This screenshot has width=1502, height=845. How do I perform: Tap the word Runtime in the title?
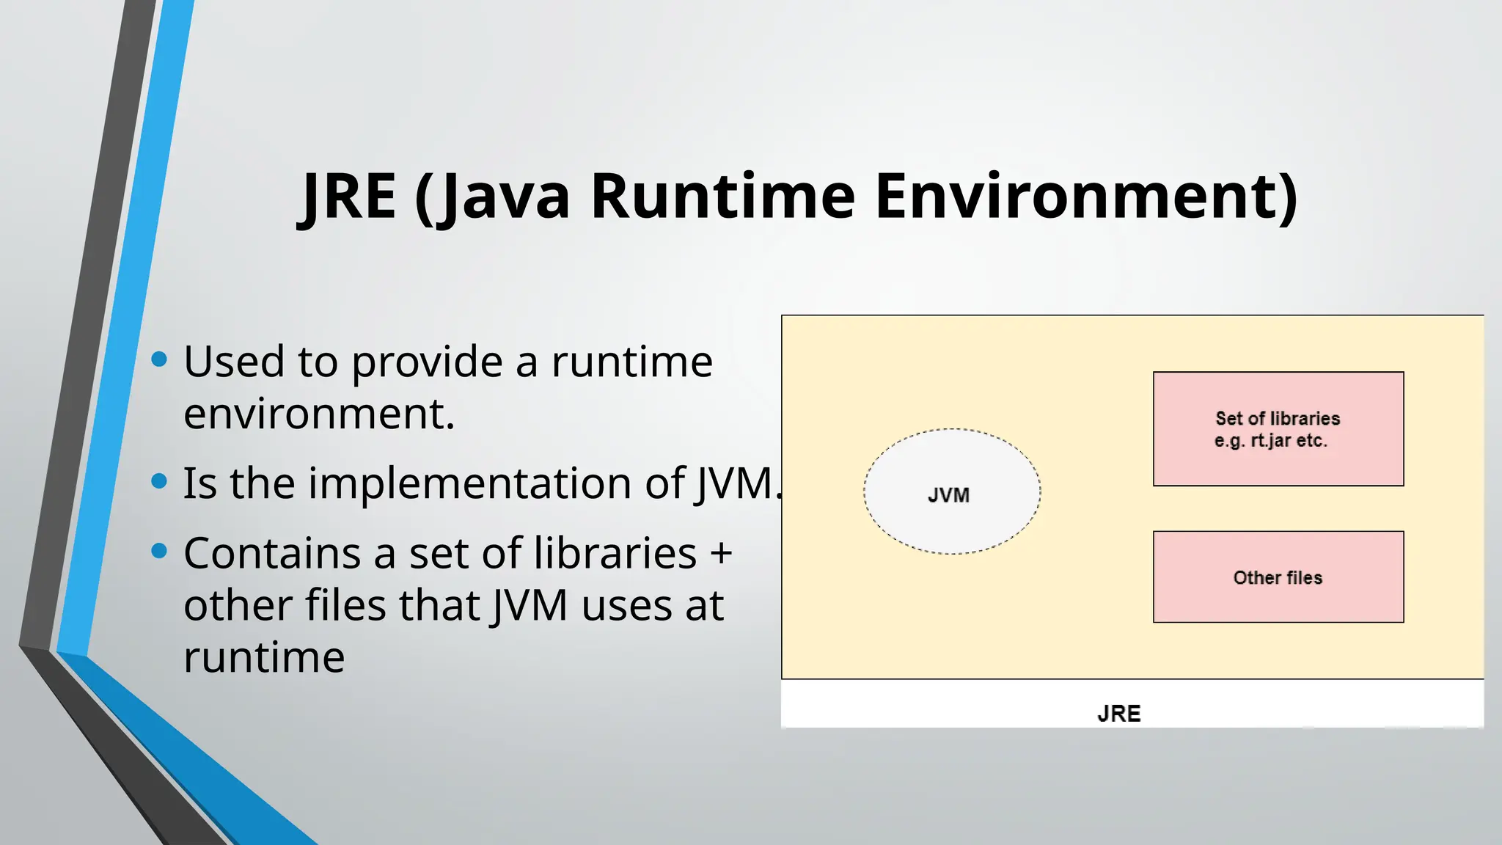[722, 196]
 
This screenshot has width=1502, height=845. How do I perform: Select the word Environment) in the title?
[1086, 196]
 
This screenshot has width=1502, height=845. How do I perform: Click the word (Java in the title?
[492, 196]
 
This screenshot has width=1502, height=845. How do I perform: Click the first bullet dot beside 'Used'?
[159, 359]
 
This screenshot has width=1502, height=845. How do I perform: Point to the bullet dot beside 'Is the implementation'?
[159, 481]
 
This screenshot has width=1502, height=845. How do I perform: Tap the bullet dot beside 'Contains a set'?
[159, 551]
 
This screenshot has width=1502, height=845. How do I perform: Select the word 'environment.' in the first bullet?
[319, 414]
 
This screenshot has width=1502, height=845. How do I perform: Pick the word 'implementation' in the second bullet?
[469, 483]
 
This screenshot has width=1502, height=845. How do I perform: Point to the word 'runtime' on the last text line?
[264, 657]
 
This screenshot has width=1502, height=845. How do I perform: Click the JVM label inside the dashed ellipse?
[948, 496]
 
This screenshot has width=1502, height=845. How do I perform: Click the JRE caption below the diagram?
[1118, 714]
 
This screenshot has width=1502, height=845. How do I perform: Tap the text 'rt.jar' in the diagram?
[1270, 441]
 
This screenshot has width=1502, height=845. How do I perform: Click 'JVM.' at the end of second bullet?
[737, 483]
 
